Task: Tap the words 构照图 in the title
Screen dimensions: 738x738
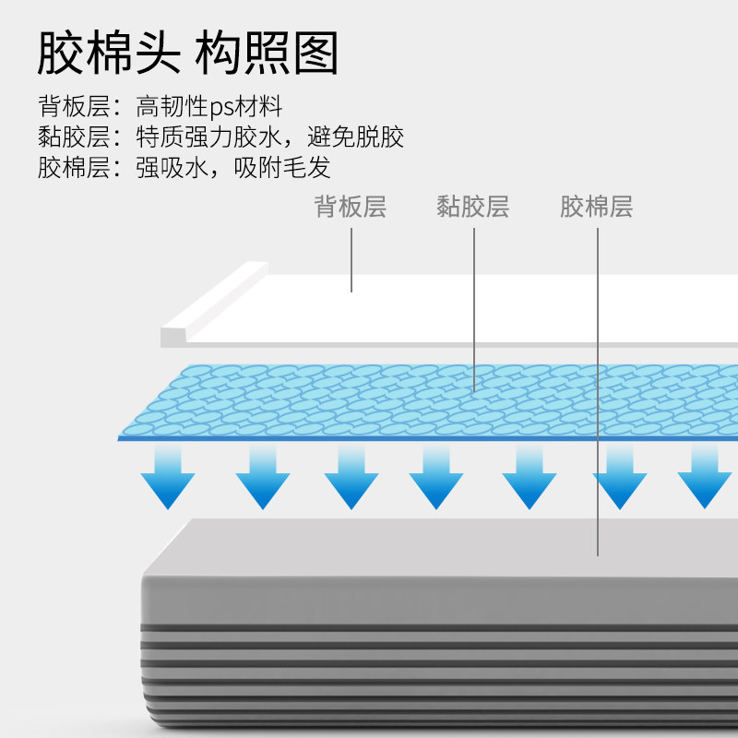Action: click(x=267, y=53)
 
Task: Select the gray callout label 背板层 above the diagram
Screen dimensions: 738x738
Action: click(x=350, y=207)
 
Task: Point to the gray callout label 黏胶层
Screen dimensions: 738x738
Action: click(x=472, y=207)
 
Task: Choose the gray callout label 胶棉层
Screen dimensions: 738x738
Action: click(x=596, y=207)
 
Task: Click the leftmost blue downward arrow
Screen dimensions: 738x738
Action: click(x=167, y=477)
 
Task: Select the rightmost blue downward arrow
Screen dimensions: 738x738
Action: click(x=704, y=477)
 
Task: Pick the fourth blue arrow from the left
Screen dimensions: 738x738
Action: click(x=435, y=477)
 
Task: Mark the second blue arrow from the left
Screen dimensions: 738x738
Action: click(x=262, y=477)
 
